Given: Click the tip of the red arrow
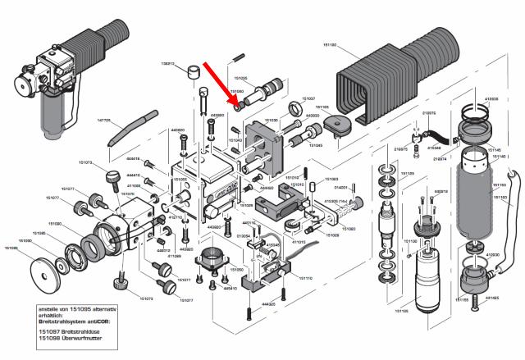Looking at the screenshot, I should (238, 103).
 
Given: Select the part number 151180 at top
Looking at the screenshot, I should (349, 43).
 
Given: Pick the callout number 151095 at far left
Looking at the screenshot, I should (11, 247).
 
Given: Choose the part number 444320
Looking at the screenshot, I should (268, 305).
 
